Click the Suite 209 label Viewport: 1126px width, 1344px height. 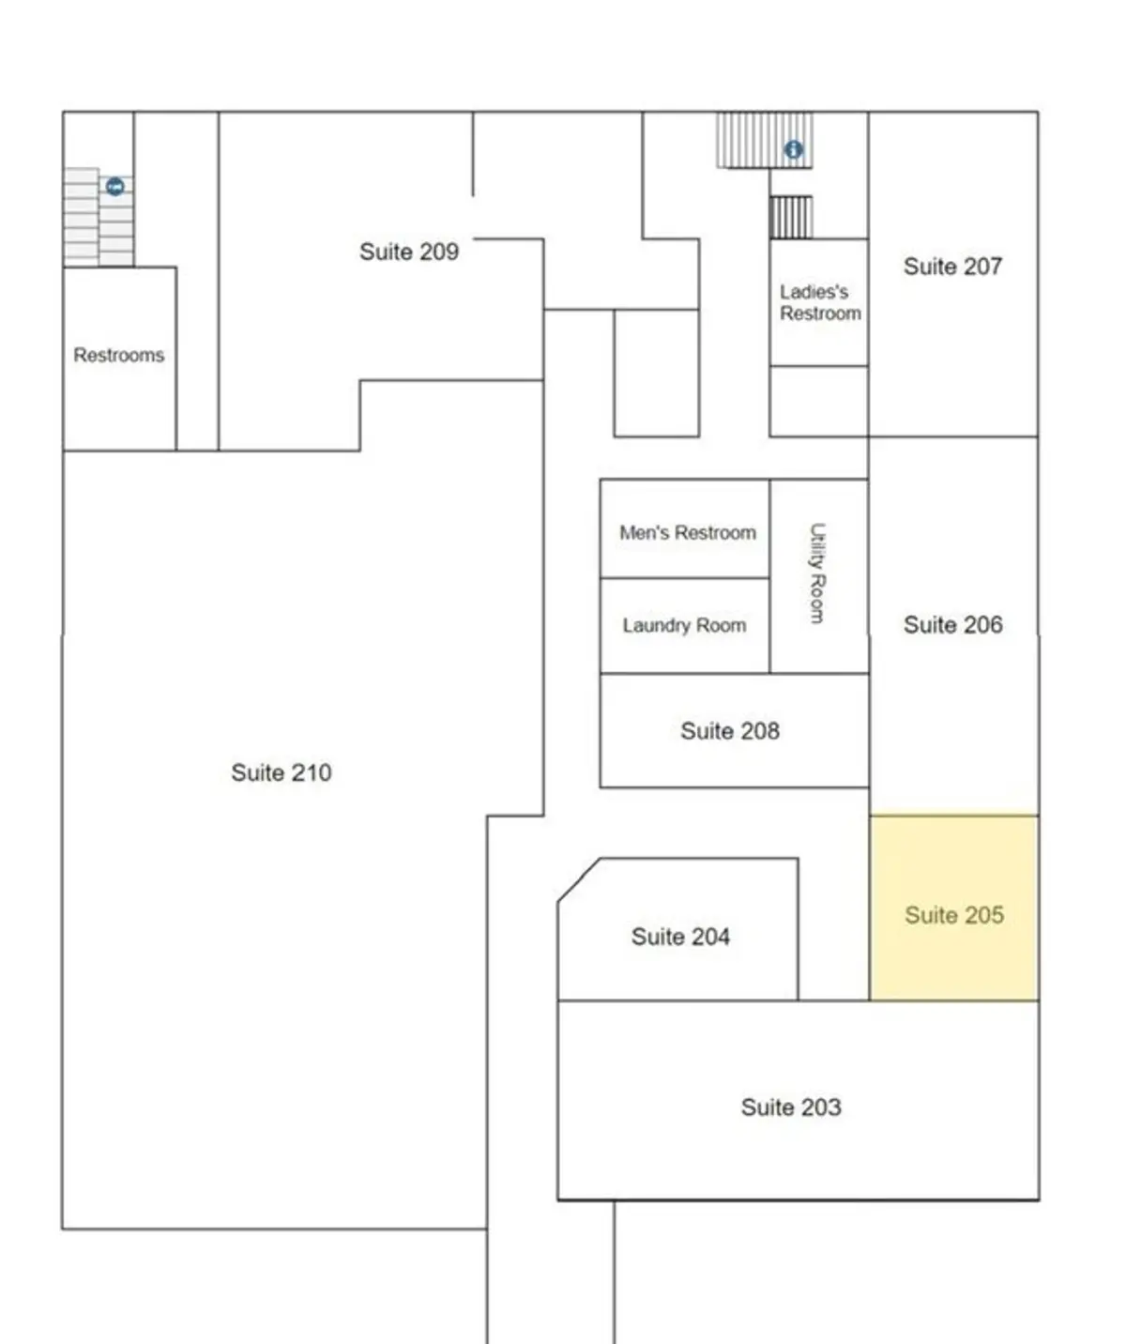[x=408, y=252]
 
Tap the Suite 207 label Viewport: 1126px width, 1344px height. [x=953, y=267]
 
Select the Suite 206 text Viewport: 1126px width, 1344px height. [x=953, y=624]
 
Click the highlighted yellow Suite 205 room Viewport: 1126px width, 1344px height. [x=954, y=908]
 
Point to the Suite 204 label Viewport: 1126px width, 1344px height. [x=680, y=937]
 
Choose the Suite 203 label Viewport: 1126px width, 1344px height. [x=791, y=1107]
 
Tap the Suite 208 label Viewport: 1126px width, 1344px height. [x=730, y=730]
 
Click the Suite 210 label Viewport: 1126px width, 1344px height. [x=281, y=772]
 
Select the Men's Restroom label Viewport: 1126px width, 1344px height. [x=687, y=532]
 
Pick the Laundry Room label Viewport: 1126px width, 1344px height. [x=684, y=625]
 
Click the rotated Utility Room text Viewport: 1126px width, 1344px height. [x=817, y=573]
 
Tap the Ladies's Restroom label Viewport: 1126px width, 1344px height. [x=820, y=302]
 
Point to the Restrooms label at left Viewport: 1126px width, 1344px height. [x=119, y=355]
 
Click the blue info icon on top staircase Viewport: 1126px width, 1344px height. [x=793, y=149]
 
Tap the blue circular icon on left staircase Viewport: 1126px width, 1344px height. [x=115, y=187]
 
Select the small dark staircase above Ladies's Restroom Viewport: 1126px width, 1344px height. [x=791, y=218]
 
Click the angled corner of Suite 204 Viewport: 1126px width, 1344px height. [x=579, y=880]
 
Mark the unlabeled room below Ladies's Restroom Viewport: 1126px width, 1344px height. [x=818, y=401]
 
